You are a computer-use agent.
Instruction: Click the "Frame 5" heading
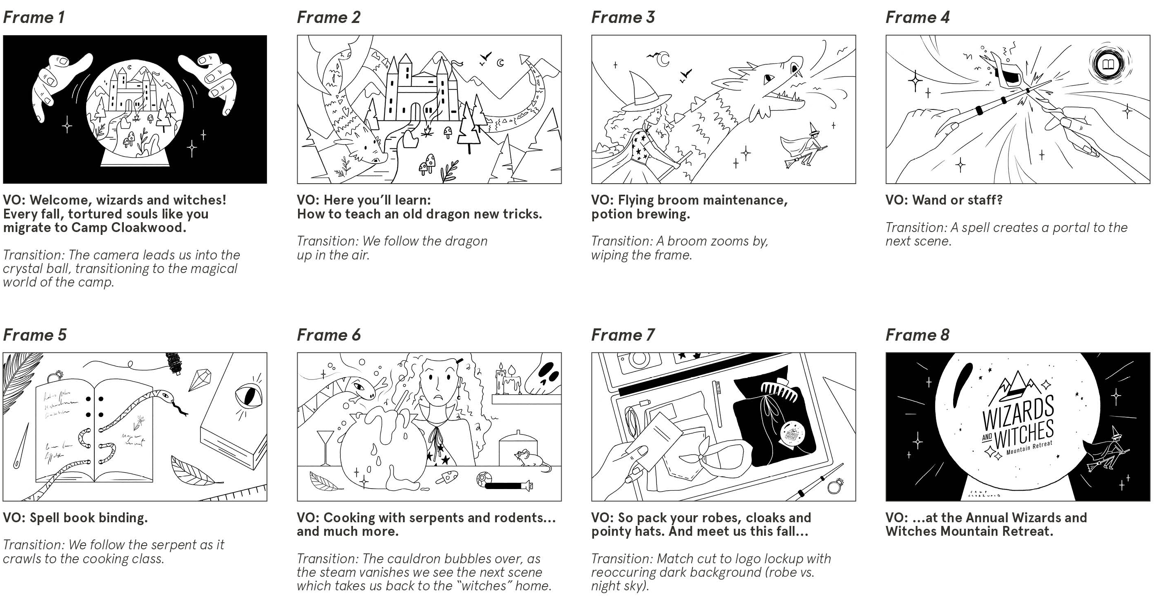pyautogui.click(x=34, y=334)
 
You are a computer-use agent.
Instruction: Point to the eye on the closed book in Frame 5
pyautogui.click(x=248, y=396)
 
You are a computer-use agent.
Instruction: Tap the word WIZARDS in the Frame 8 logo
pyautogui.click(x=1018, y=413)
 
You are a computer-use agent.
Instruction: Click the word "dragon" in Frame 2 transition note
pyautogui.click(x=466, y=241)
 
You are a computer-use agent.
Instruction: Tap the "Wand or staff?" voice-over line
pyautogui.click(x=943, y=200)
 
